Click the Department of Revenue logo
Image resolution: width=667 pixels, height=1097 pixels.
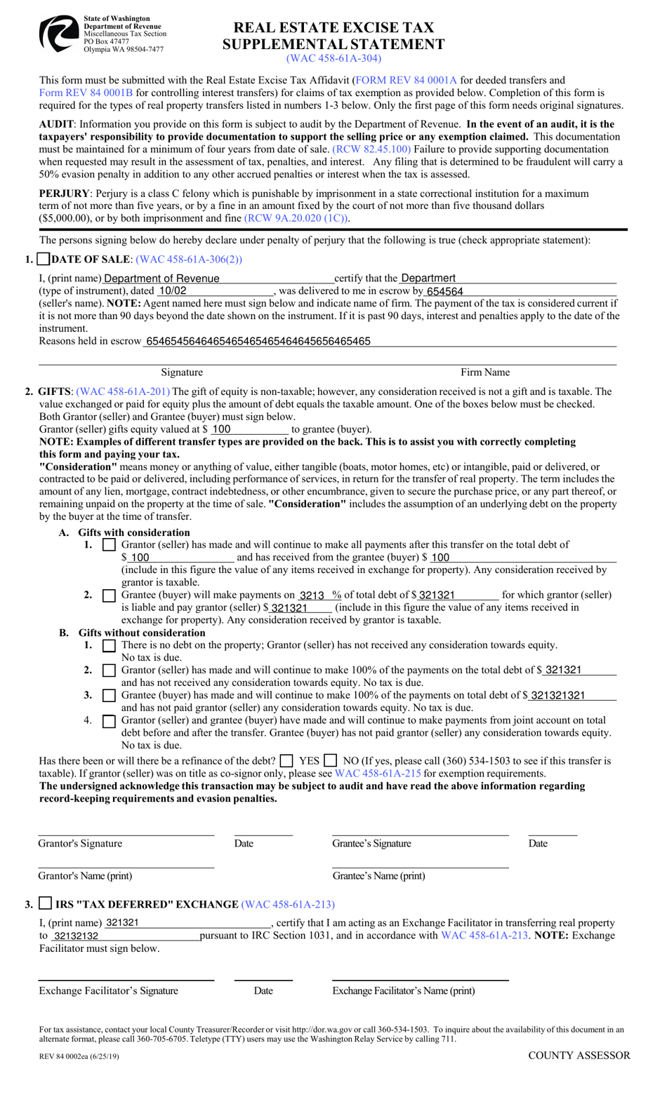click(x=58, y=34)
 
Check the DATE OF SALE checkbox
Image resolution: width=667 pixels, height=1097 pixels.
click(x=43, y=260)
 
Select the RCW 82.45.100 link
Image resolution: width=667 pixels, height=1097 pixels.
click(x=371, y=149)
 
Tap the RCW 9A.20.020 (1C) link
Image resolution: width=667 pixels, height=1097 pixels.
click(x=296, y=218)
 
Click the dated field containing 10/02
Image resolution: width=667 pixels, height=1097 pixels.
click(x=214, y=291)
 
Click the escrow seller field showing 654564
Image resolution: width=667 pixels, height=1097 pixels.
click(x=520, y=291)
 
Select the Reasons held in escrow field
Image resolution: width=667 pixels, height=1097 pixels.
click(x=379, y=342)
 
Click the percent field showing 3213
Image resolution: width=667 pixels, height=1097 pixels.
click(x=319, y=595)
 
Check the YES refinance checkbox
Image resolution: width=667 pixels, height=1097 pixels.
click(x=286, y=761)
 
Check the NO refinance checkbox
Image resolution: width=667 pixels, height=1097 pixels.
click(x=331, y=761)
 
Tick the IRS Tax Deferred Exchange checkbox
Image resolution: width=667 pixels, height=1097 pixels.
click(x=45, y=903)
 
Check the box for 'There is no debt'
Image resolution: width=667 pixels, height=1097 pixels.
click(x=109, y=645)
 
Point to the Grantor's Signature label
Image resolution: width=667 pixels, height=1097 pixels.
click(x=80, y=844)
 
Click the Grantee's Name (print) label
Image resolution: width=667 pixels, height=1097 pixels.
click(x=378, y=876)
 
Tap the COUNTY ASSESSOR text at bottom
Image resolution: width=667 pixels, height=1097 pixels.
click(x=579, y=1056)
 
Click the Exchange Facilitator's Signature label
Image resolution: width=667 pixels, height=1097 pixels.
click(x=109, y=991)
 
